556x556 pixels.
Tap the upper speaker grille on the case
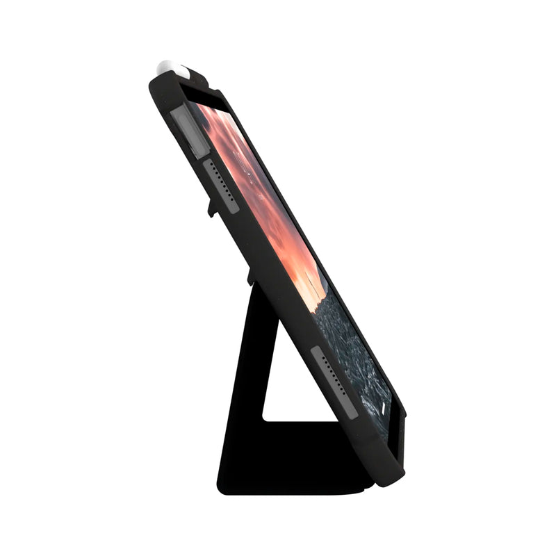pos(221,186)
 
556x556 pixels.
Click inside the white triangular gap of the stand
pos(285,389)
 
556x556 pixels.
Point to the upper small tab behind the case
pos(211,207)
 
